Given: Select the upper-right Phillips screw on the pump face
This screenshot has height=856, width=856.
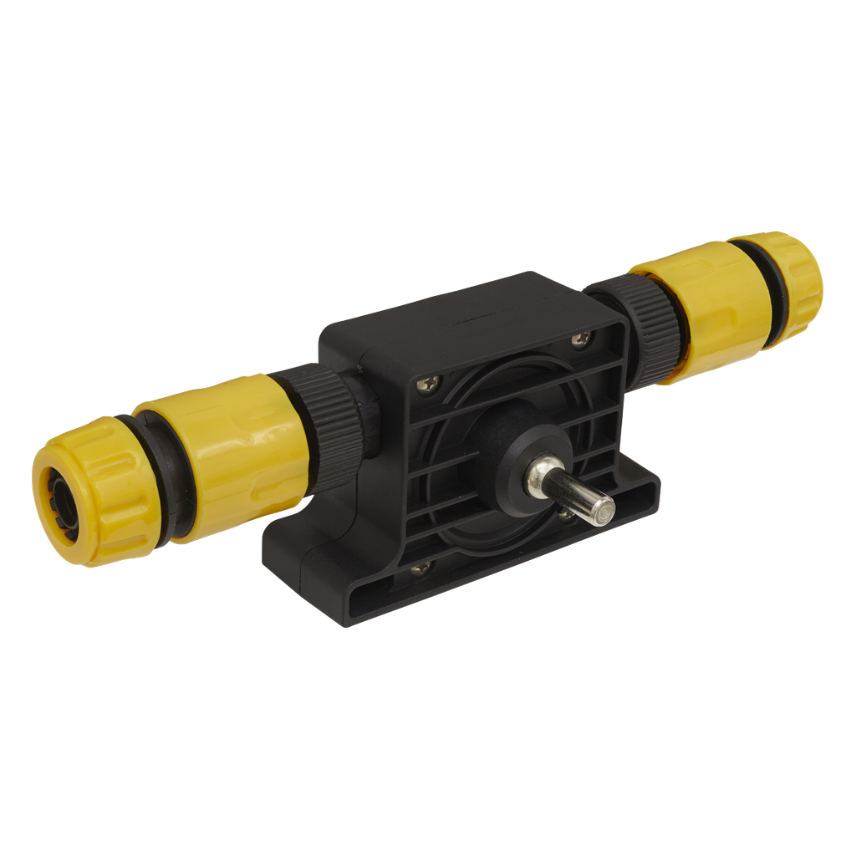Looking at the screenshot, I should coord(579,339).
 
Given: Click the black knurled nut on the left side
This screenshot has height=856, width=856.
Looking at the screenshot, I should coord(330,418).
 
